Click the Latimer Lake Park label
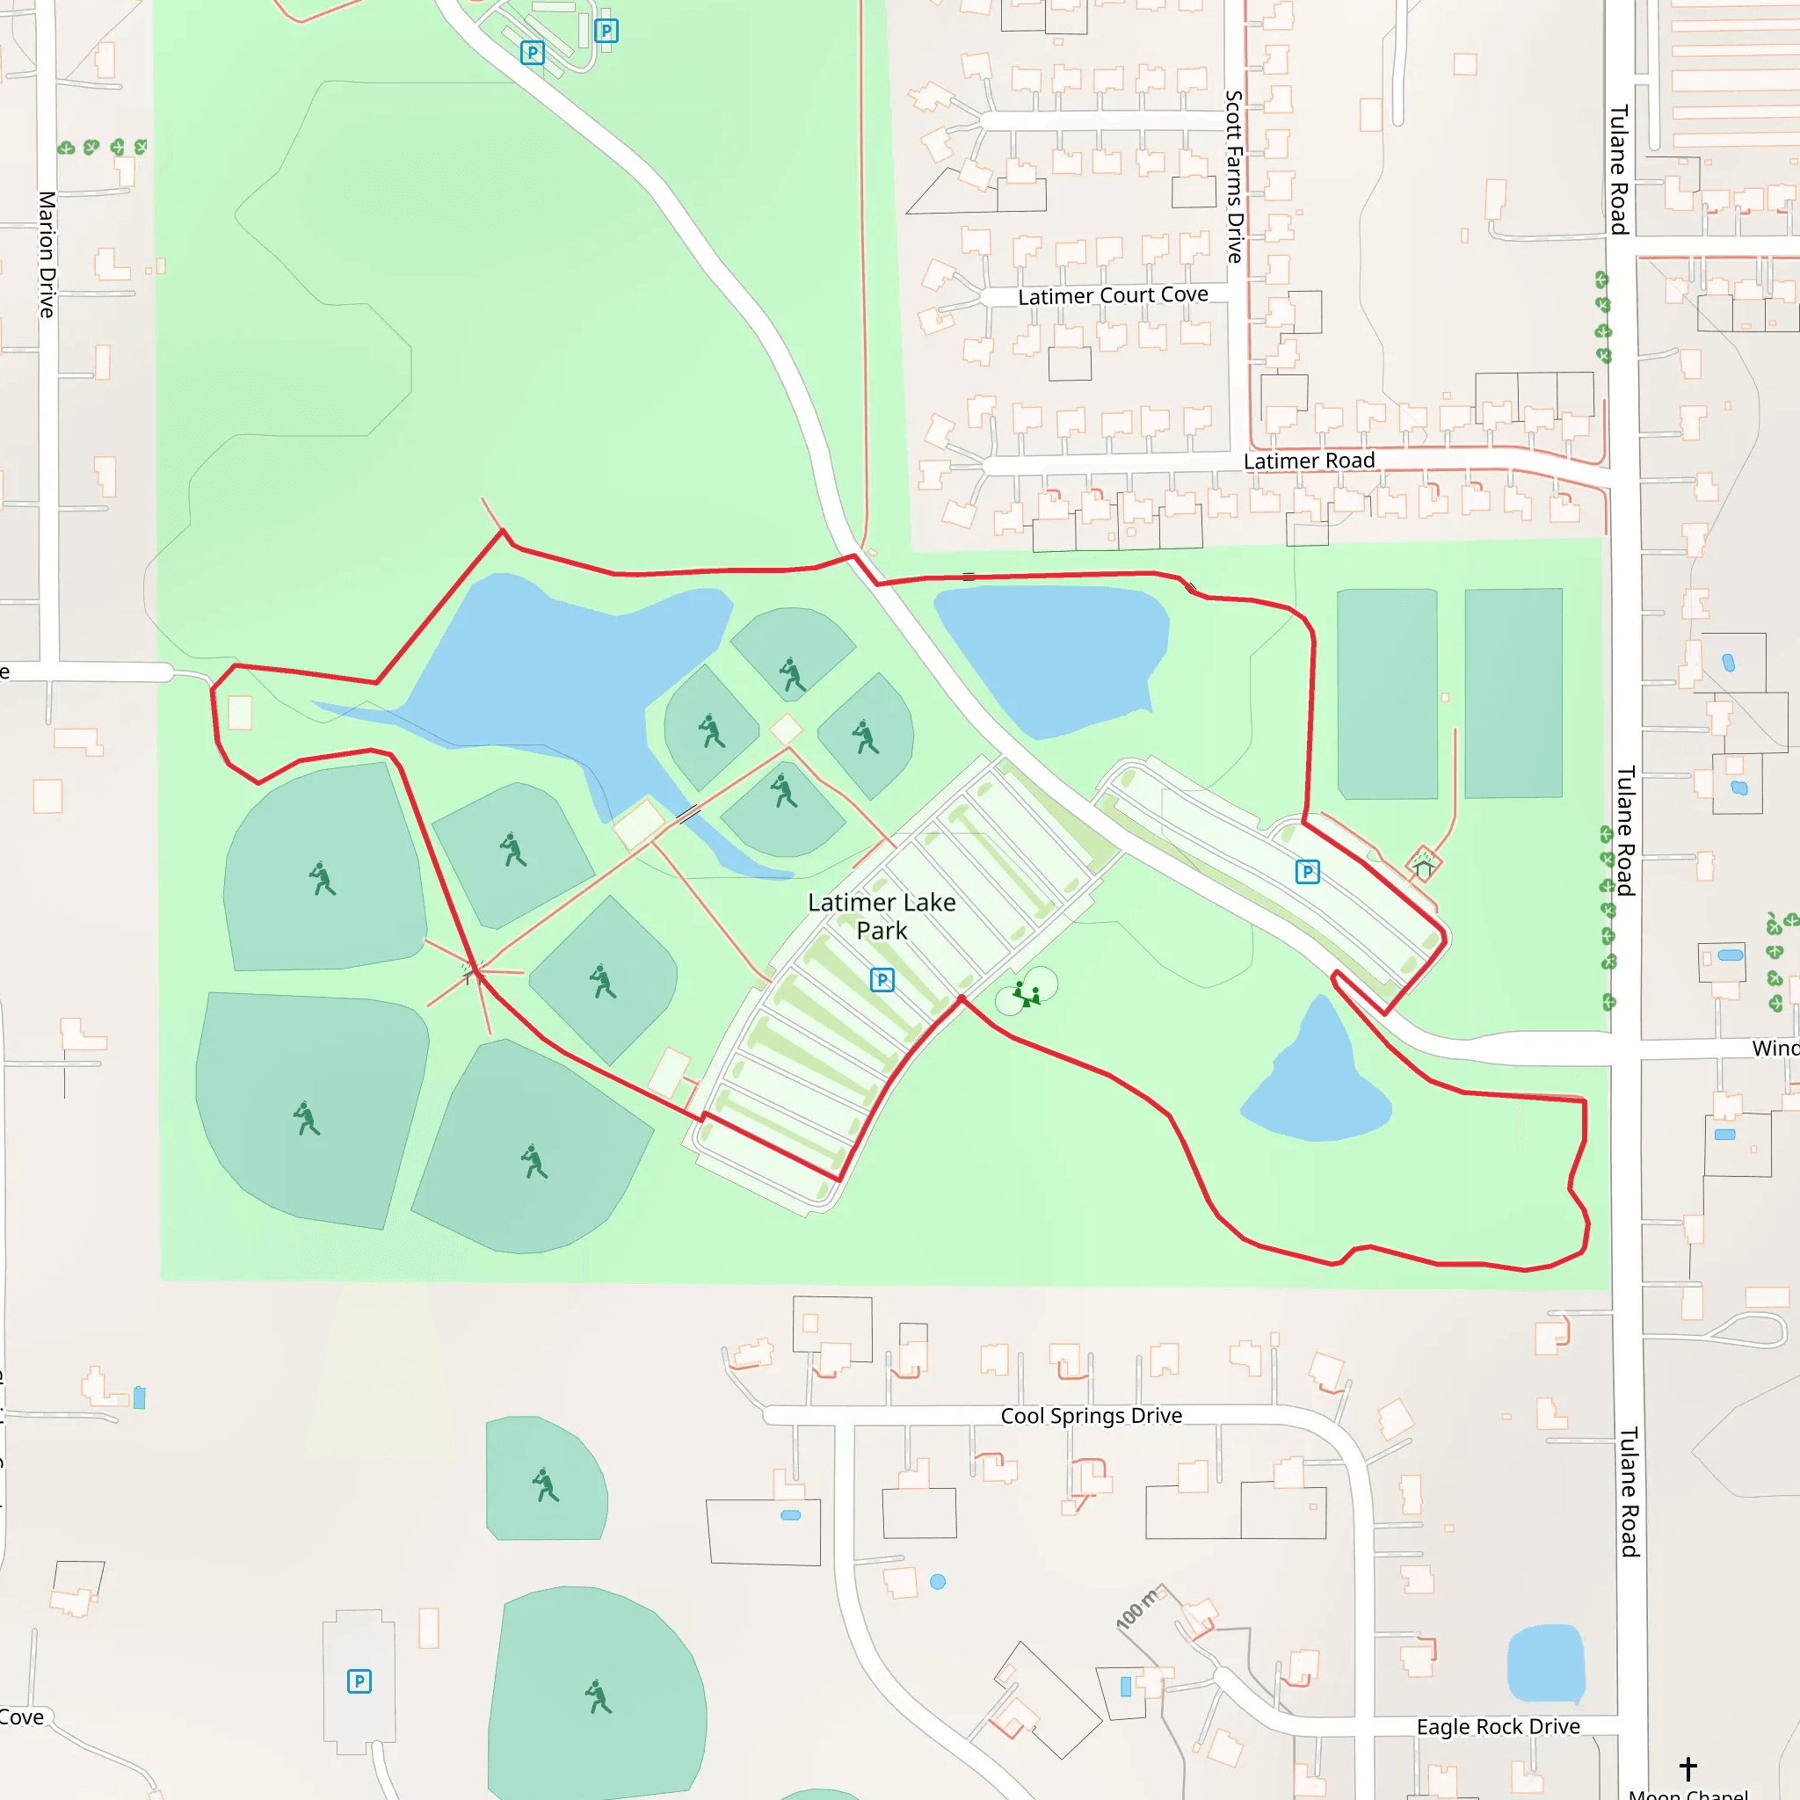[x=882, y=916]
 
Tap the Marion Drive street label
[x=47, y=254]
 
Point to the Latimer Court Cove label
[x=1113, y=295]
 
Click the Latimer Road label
[x=1309, y=461]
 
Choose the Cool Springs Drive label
[x=1091, y=1415]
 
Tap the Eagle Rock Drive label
[x=1499, y=1726]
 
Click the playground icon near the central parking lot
[x=1027, y=994]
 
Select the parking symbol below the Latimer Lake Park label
[x=882, y=979]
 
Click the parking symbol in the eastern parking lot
[x=1307, y=871]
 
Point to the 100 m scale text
[x=1136, y=1609]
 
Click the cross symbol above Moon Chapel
[x=1688, y=1767]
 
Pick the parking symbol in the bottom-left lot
[x=359, y=1680]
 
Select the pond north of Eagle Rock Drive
[x=1545, y=1663]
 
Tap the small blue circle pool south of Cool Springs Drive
[x=938, y=1581]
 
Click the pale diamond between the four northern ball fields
[x=787, y=729]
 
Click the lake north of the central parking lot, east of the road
[x=1053, y=652]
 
